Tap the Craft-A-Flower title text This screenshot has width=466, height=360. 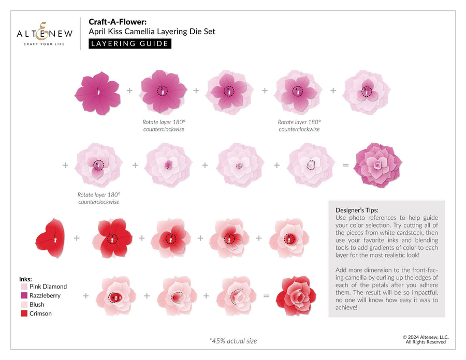coord(118,22)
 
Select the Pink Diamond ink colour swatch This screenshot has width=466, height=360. coord(24,287)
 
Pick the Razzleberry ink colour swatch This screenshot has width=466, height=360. coord(24,296)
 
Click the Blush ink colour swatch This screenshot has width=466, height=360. coord(24,305)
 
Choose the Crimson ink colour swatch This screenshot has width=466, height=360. coord(24,313)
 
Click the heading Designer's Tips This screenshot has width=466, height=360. coord(357,211)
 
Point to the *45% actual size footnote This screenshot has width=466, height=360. coord(232,341)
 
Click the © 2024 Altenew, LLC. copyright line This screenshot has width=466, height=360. coord(426,337)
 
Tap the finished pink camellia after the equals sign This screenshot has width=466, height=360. coord(378,165)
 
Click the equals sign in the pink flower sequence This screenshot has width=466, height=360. coord(345,166)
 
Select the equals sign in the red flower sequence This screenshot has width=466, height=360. coord(266,296)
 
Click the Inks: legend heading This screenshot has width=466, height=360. coord(25,279)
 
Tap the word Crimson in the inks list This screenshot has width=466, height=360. coord(40,313)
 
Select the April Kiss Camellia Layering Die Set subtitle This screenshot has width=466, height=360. coord(152,32)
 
